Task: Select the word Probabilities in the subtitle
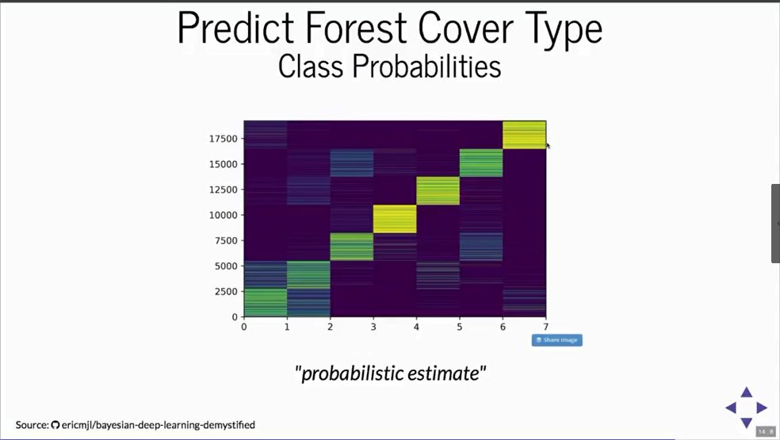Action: (426, 67)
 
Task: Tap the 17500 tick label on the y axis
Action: (224, 139)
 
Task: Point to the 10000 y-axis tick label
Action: (224, 215)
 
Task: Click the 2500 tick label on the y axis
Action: (227, 292)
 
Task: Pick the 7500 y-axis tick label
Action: (227, 241)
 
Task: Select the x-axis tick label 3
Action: (373, 327)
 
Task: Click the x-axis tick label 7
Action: (545, 327)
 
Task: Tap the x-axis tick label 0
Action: (244, 327)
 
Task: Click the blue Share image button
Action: (556, 340)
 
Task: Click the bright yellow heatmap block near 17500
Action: (524, 135)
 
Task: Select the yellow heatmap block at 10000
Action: (395, 219)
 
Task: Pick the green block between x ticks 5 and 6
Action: (481, 163)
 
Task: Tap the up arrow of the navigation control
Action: (746, 392)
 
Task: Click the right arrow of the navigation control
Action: (762, 407)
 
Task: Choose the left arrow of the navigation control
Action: (731, 407)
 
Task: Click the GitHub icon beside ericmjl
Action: (55, 425)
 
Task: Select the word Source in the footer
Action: (32, 425)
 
